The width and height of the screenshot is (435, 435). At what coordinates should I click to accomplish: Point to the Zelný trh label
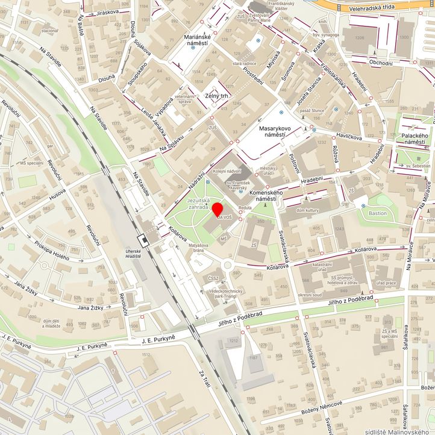pyautogui.click(x=216, y=96)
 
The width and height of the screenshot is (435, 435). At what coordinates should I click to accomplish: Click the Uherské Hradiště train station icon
pyautogui.click(x=144, y=240)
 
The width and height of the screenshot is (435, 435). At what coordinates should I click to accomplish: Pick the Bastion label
pyautogui.click(x=378, y=213)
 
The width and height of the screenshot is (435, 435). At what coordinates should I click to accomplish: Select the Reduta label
pyautogui.click(x=245, y=207)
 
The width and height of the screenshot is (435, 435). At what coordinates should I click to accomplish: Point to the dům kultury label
pyautogui.click(x=308, y=209)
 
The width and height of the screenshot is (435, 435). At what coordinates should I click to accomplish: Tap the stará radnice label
pyautogui.click(x=245, y=63)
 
